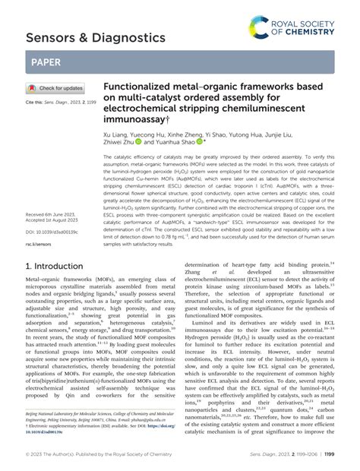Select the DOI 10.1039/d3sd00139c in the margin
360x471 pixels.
coord(52,232)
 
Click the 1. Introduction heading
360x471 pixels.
coord(61,267)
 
